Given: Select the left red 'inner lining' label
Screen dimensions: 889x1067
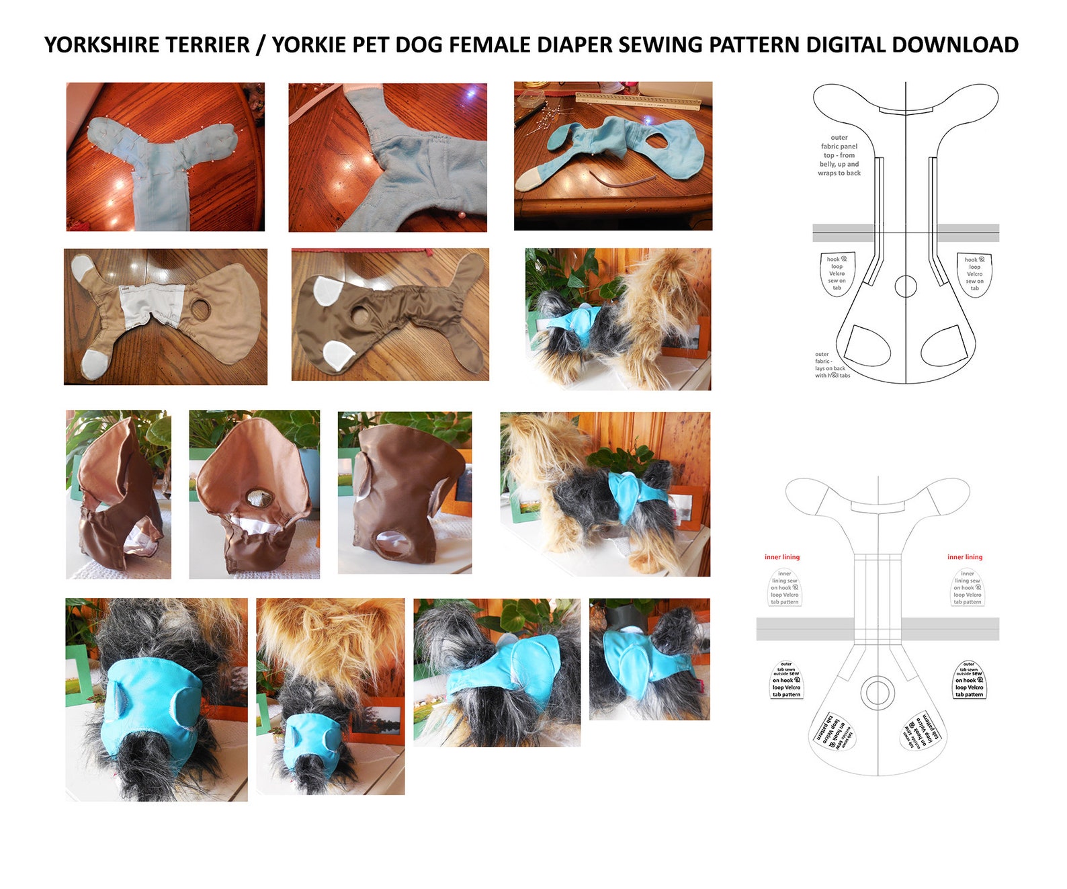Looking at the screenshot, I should (x=782, y=557).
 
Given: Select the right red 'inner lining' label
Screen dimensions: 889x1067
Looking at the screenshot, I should (x=965, y=557).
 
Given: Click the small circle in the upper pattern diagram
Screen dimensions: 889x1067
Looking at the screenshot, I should (x=906, y=286).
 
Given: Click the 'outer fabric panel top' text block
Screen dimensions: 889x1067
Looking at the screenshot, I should (x=839, y=155).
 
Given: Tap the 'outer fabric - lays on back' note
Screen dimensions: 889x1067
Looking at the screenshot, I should (x=831, y=365).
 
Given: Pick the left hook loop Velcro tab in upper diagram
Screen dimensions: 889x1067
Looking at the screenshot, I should (x=837, y=273).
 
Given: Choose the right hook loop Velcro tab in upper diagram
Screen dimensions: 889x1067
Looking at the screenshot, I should (x=974, y=273).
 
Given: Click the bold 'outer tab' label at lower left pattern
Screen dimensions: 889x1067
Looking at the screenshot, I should (x=786, y=680).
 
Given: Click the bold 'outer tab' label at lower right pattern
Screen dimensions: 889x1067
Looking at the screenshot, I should (x=969, y=680).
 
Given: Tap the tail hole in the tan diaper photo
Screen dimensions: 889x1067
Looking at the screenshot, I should (x=200, y=310).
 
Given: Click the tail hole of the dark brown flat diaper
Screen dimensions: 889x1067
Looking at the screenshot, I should (x=360, y=315).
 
